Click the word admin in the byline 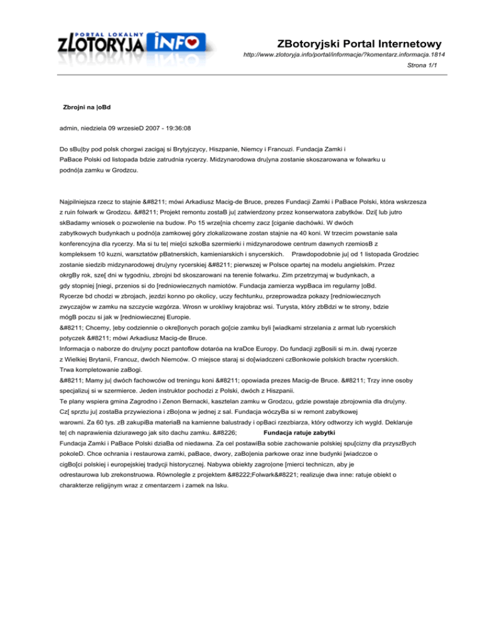tap(69, 131)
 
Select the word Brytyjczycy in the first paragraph tap(174, 150)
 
